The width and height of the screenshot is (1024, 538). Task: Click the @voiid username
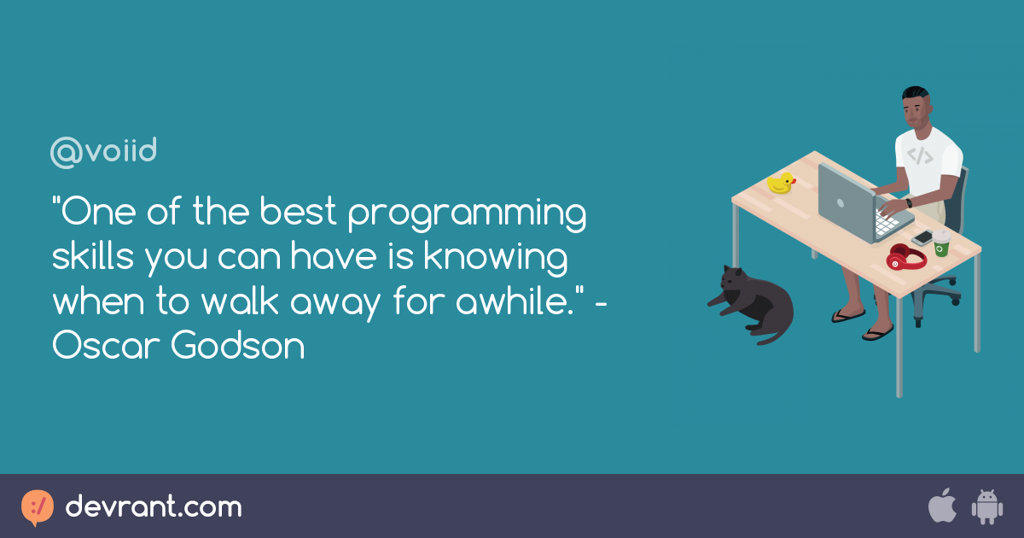[103, 152]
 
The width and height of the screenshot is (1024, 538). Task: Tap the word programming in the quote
[468, 214]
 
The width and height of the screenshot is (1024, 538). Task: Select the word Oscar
[106, 345]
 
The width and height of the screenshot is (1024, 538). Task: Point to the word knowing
[496, 258]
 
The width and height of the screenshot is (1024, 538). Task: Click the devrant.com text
[154, 506]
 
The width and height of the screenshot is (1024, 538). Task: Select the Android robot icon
[987, 507]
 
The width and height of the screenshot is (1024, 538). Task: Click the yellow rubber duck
[781, 183]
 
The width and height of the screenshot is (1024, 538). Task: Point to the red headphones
[905, 257]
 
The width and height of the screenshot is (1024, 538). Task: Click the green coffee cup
[941, 243]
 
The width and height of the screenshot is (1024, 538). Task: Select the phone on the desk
[922, 238]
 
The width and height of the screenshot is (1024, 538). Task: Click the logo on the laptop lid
[841, 203]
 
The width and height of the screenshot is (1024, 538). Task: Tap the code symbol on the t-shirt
[920, 156]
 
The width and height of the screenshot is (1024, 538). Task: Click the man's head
[916, 107]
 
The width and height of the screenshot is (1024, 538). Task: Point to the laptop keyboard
[886, 224]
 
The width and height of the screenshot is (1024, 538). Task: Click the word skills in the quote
[93, 256]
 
